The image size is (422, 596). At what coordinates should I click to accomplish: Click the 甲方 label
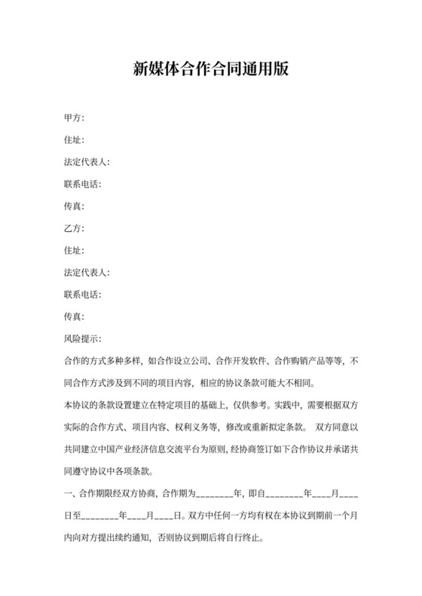[x=75, y=118]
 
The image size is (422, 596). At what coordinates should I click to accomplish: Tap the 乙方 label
[x=75, y=228]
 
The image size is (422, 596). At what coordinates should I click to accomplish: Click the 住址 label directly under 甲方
[x=75, y=140]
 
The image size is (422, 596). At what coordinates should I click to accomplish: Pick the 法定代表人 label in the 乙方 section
[x=88, y=272]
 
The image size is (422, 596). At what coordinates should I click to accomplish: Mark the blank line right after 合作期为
[x=214, y=496]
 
